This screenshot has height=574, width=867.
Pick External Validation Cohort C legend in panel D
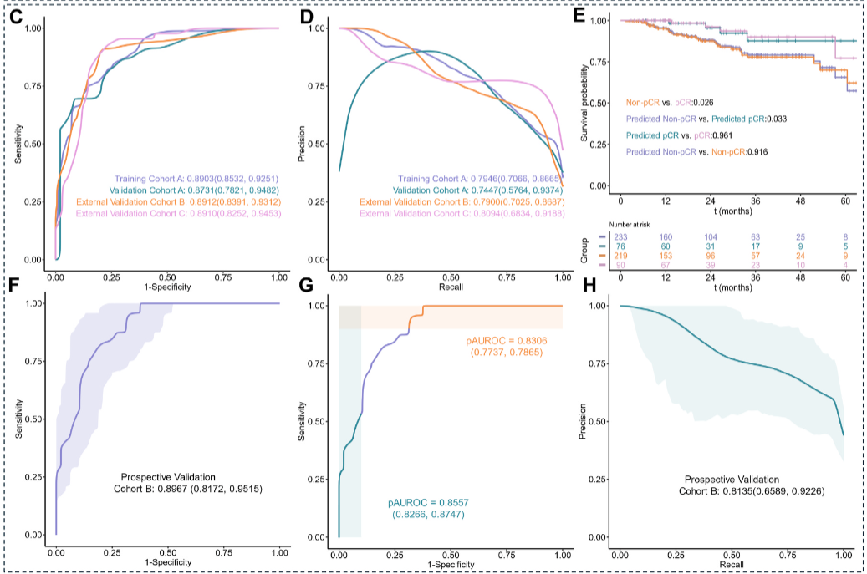point(465,214)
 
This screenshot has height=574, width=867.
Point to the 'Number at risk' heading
point(639,227)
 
